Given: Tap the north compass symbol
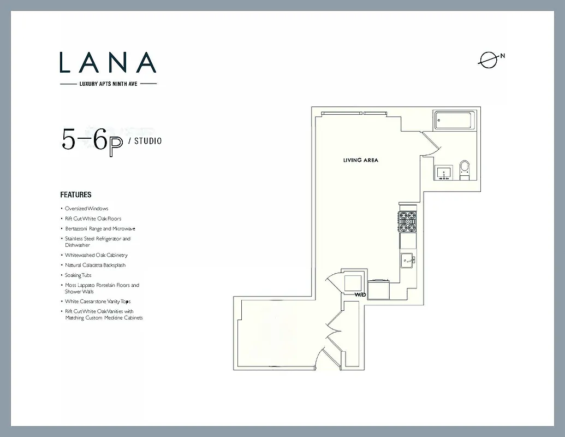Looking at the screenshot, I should [x=489, y=60].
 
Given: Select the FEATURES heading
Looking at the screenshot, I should [x=76, y=194].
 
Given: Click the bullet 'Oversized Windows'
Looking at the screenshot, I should [x=86, y=209].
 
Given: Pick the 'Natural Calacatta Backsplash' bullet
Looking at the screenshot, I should [x=95, y=265].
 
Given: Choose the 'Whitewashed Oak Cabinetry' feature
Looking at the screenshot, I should [x=96, y=255].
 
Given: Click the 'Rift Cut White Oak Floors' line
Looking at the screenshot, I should [x=93, y=218].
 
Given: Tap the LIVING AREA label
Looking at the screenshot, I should [x=360, y=161].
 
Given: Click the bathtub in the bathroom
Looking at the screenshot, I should [x=455, y=120].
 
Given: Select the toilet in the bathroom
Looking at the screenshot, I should [x=465, y=168].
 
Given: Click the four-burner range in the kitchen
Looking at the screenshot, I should [x=407, y=221].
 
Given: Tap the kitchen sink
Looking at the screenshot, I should [x=407, y=261].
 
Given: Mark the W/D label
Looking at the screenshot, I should [x=360, y=294].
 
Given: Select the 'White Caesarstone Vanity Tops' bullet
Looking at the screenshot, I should [x=97, y=302].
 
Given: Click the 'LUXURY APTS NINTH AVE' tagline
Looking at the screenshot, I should [x=108, y=84].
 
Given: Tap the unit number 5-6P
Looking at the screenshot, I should [x=92, y=141].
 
